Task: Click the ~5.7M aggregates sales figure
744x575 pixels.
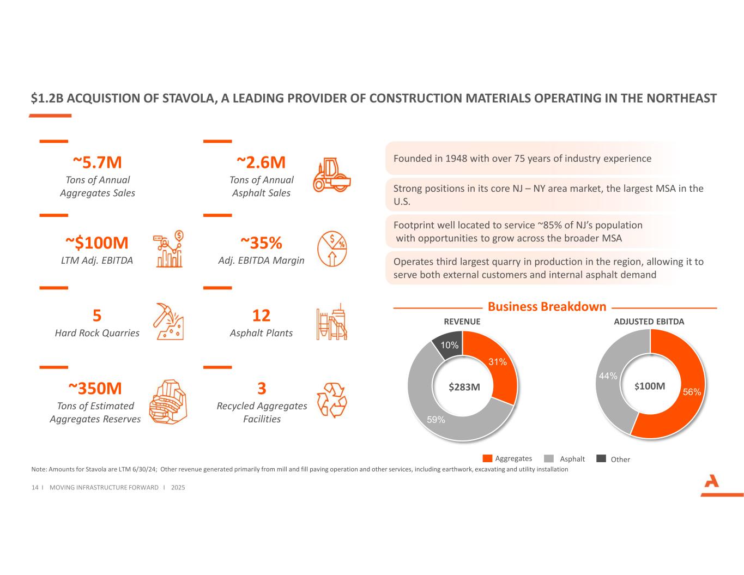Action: (x=97, y=162)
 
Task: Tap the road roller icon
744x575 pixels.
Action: (x=331, y=175)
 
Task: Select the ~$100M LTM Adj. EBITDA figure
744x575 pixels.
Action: (x=97, y=243)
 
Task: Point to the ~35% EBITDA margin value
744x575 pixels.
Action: (x=261, y=243)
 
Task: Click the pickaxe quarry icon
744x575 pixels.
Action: (x=168, y=321)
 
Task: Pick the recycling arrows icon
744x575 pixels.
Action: (x=331, y=400)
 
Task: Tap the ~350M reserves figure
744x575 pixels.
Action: (x=95, y=389)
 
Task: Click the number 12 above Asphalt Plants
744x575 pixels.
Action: (x=261, y=316)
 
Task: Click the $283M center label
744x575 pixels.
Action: (x=464, y=387)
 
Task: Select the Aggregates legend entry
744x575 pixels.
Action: (x=507, y=458)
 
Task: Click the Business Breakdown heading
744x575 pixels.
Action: (x=547, y=307)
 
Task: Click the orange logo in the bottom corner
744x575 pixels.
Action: (x=711, y=483)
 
